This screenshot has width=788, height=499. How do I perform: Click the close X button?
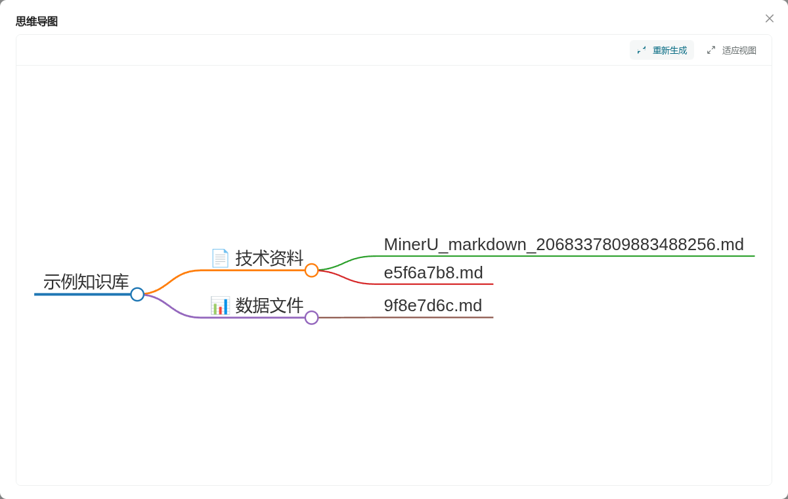(770, 18)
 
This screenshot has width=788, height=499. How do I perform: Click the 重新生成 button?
(662, 51)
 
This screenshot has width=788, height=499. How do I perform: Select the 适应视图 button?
(732, 51)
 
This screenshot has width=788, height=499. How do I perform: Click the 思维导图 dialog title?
(37, 22)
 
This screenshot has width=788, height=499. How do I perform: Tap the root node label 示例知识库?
(86, 282)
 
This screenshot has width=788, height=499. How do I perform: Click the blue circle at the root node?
(137, 294)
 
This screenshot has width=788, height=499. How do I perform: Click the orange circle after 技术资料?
(312, 271)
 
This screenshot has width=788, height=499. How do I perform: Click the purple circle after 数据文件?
(312, 318)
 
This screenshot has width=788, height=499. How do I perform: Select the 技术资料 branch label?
(269, 258)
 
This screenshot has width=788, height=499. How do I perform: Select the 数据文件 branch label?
(269, 305)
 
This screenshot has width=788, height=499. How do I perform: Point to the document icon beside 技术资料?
(220, 258)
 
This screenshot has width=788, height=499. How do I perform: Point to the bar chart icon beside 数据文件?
(220, 305)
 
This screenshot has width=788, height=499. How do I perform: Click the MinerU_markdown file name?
(564, 244)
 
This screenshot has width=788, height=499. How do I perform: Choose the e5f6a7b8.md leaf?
(433, 272)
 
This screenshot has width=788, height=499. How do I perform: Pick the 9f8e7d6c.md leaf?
(433, 305)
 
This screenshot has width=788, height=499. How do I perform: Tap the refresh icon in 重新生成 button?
(642, 51)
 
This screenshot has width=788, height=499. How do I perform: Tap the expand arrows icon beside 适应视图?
(711, 51)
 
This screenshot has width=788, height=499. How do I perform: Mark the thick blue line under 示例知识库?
(82, 294)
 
